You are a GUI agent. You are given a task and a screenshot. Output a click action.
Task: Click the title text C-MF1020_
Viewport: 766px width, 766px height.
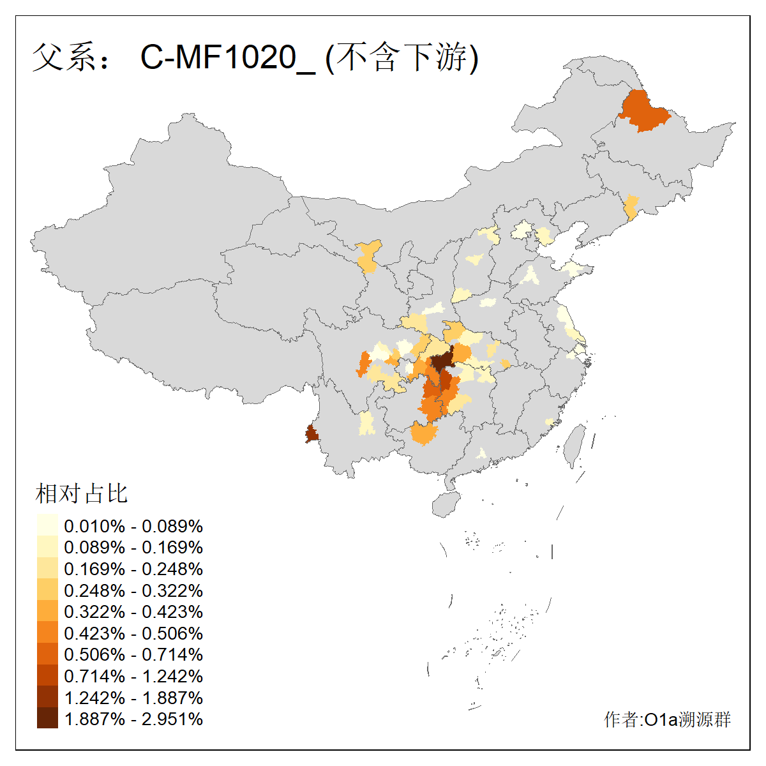point(227,57)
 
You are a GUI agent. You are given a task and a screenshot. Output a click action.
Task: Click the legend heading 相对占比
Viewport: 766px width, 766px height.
point(82,493)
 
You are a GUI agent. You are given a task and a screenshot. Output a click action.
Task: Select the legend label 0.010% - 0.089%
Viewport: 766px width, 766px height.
point(133,526)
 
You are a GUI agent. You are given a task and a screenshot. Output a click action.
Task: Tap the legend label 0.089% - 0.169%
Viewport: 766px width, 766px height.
point(133,548)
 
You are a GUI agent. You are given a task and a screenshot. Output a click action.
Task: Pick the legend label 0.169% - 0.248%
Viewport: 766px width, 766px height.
point(133,569)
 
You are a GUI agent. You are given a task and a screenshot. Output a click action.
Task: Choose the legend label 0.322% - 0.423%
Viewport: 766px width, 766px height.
point(133,612)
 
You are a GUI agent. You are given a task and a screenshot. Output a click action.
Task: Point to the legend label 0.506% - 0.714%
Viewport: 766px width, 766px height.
point(133,655)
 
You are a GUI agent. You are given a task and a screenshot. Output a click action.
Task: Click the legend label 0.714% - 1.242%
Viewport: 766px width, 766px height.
point(133,676)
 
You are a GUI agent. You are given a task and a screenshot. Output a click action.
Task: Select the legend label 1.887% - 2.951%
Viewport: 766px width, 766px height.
point(133,719)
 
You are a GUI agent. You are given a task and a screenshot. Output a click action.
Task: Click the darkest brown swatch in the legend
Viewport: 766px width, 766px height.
point(47,719)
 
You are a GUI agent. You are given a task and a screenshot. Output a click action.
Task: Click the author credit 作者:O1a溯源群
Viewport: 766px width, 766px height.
point(667,719)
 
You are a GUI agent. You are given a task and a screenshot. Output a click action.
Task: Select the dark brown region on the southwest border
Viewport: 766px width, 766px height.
point(311,435)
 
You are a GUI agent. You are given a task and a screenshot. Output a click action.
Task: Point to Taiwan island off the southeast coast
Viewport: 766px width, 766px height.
point(576,444)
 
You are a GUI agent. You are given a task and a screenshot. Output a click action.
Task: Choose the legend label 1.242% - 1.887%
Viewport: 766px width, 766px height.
point(133,698)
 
